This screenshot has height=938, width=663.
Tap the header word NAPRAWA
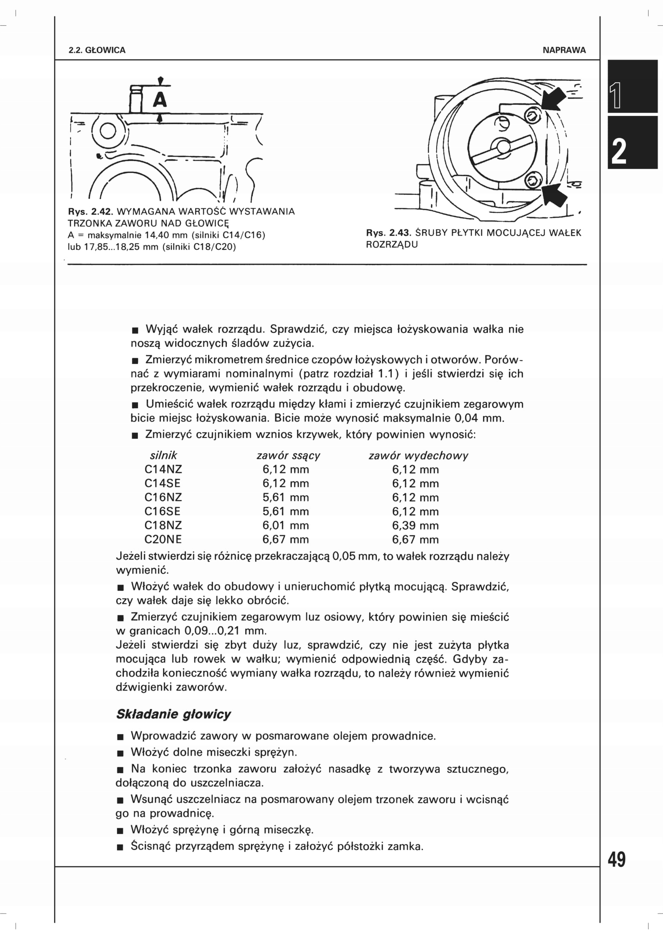click(x=564, y=50)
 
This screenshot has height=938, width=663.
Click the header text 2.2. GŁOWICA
click(x=97, y=50)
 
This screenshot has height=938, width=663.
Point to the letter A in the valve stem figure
click(x=160, y=100)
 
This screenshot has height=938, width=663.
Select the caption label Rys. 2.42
click(x=90, y=212)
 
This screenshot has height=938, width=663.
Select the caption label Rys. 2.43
click(x=389, y=233)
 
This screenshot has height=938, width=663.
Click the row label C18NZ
click(x=163, y=525)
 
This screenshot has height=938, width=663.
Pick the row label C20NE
click(x=163, y=539)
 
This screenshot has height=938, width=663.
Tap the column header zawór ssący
click(x=288, y=456)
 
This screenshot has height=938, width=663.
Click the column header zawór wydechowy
click(x=418, y=456)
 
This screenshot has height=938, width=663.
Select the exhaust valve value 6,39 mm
click(x=415, y=525)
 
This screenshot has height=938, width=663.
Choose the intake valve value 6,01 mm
click(x=285, y=525)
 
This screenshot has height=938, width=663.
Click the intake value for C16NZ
click(x=285, y=497)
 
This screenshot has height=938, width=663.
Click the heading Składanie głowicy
click(x=174, y=714)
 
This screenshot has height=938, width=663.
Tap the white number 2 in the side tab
click(x=619, y=152)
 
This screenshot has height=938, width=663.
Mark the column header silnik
click(x=163, y=456)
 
